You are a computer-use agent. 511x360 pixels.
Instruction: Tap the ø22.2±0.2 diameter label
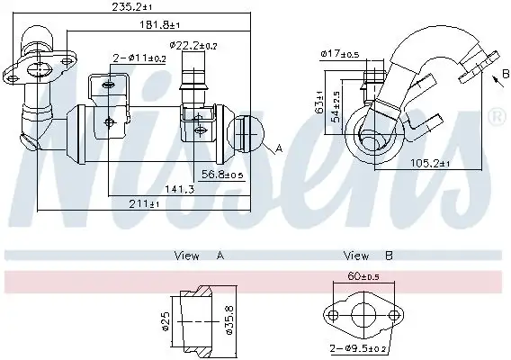(x=193, y=45)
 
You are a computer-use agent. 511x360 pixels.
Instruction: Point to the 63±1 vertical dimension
(x=319, y=107)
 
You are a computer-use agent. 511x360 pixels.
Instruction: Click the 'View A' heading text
(x=199, y=256)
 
